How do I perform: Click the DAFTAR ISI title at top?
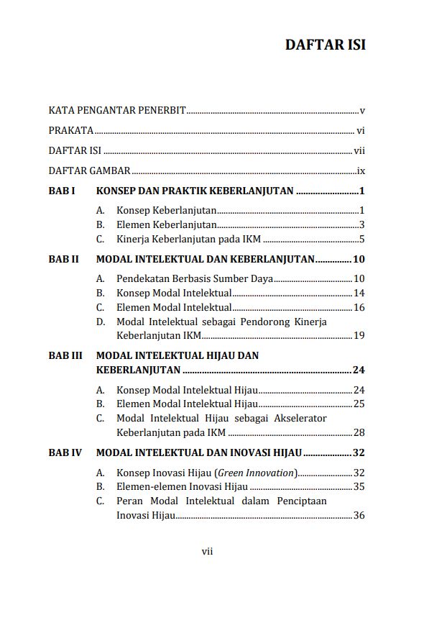[325, 45]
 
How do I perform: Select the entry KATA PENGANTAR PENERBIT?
[117, 111]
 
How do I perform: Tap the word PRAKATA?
[71, 131]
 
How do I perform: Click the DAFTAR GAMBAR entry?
[90, 171]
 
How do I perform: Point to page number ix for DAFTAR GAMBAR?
[361, 171]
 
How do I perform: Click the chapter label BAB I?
[62, 191]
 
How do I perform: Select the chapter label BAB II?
[64, 260]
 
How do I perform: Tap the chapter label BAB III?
[65, 355]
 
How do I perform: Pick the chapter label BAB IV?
[65, 453]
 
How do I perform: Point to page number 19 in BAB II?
[359, 335]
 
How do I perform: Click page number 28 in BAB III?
[359, 432]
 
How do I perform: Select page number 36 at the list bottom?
[359, 515]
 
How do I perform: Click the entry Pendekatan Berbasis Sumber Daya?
[195, 279]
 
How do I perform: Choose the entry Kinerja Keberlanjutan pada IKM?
[188, 240]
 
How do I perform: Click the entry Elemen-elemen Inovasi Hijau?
[183, 487]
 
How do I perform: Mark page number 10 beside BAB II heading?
[359, 260]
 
